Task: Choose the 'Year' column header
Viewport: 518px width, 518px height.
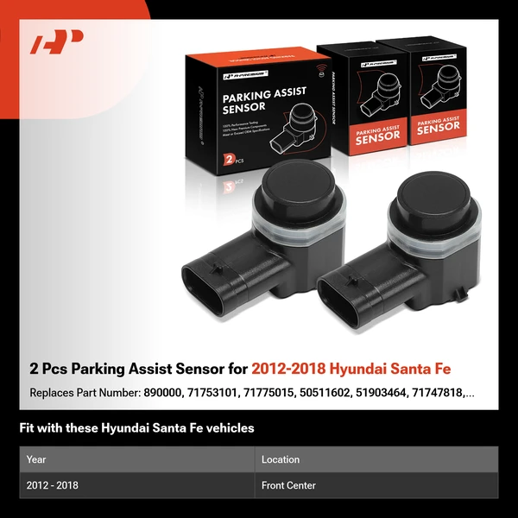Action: [36, 459]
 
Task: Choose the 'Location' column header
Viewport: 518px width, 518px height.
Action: [281, 459]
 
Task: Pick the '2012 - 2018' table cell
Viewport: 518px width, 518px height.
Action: [53, 485]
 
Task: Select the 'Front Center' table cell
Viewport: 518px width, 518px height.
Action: [288, 485]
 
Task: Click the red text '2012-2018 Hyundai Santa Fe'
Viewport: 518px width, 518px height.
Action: [362, 370]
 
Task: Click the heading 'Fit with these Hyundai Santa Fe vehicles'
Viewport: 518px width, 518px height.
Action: [136, 427]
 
